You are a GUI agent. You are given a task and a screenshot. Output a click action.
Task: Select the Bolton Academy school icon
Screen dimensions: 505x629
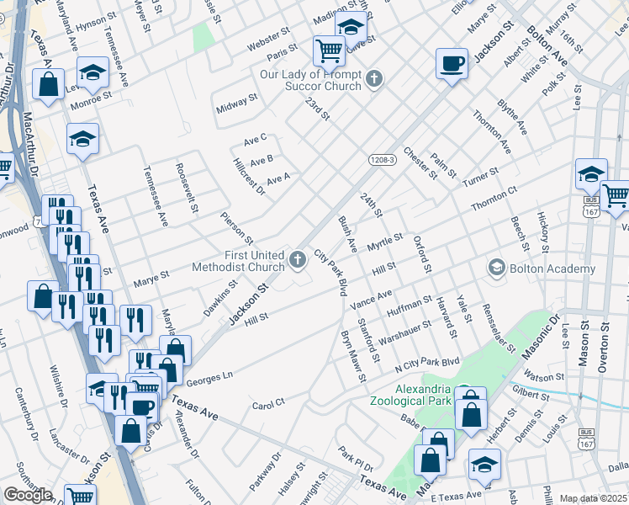(x=496, y=269)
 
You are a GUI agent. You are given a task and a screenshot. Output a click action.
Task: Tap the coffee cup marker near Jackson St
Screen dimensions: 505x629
(x=452, y=64)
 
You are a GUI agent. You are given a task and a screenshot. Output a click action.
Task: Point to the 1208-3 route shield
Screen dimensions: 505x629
(x=381, y=159)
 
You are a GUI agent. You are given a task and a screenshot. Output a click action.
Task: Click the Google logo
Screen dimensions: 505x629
(x=28, y=495)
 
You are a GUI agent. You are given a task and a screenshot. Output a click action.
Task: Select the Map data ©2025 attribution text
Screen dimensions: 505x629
(x=594, y=498)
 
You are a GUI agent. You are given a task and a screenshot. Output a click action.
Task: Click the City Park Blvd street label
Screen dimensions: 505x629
(x=331, y=272)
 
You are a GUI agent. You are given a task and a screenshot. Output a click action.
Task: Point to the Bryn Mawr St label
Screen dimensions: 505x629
(x=351, y=358)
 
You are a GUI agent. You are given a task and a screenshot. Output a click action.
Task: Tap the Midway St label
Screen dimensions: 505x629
(x=236, y=104)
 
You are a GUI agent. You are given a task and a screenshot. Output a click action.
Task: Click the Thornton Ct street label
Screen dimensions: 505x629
(x=494, y=199)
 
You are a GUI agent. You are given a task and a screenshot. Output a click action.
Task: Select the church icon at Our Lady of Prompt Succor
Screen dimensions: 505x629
(x=374, y=81)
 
